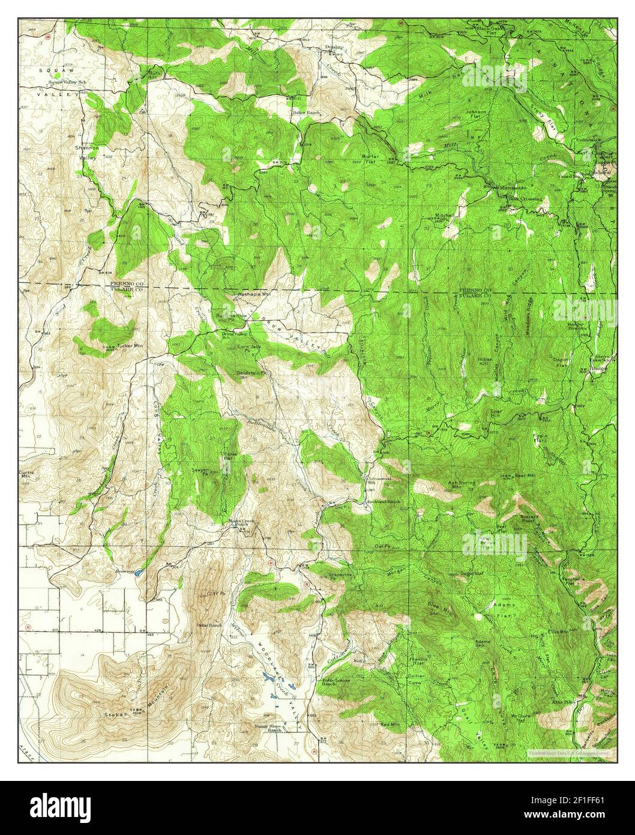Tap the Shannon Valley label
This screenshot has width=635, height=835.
coord(86,152)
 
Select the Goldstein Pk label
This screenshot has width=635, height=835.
coord(251,372)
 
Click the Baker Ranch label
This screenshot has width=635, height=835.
coord(305,112)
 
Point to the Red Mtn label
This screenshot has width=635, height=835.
coord(390,725)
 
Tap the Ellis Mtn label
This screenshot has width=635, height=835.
coord(557,631)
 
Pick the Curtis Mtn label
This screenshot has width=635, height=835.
coord(28,475)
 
